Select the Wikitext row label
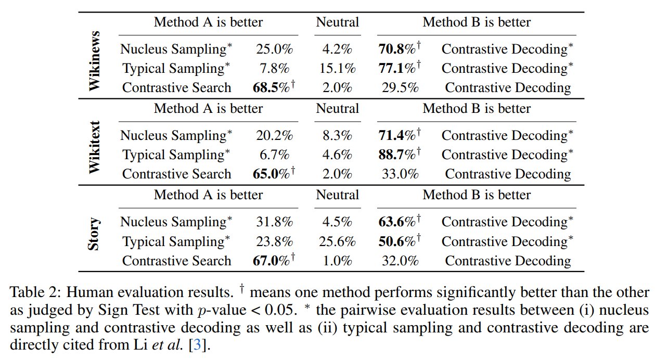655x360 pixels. click(x=94, y=147)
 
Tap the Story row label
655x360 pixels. click(x=94, y=234)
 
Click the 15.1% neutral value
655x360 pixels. click(x=337, y=68)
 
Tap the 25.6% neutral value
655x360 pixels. click(x=337, y=241)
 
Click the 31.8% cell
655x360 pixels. click(x=274, y=222)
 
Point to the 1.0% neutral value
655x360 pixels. click(x=337, y=261)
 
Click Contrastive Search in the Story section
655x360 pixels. click(x=176, y=261)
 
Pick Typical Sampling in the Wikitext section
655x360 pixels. click(x=176, y=155)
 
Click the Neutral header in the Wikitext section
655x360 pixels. click(x=337, y=109)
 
